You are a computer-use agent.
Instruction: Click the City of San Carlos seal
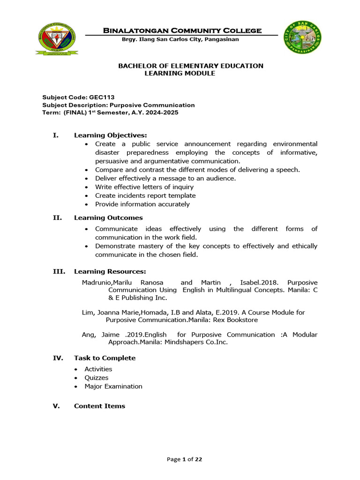[302, 37]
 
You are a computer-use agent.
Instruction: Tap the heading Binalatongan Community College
[182, 30]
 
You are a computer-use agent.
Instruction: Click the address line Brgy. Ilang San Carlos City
[180, 39]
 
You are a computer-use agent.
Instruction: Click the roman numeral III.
[59, 272]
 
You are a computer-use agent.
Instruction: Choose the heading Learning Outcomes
[108, 218]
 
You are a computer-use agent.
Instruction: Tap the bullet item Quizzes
[96, 378]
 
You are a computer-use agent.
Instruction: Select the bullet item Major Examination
[113, 387]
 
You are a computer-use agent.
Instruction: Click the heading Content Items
[99, 406]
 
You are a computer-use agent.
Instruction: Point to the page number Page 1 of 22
[185, 459]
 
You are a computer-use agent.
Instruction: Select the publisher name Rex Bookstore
[233, 320]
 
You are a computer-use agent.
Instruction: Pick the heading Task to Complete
[105, 358]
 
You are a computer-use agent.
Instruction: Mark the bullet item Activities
[98, 369]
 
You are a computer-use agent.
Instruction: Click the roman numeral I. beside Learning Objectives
[55, 135]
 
